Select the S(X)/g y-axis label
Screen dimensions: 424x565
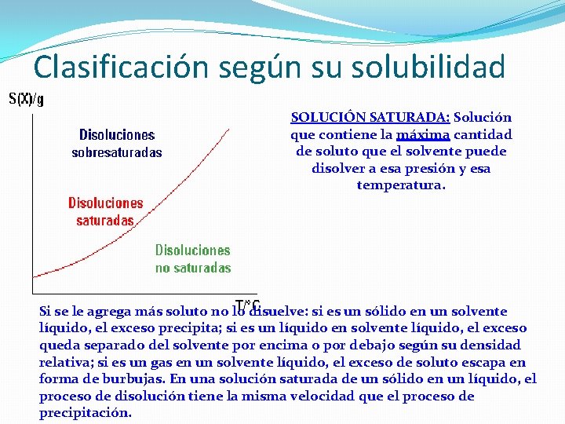pyautogui.click(x=26, y=99)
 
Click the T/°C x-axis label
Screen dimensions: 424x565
pyautogui.click(x=248, y=304)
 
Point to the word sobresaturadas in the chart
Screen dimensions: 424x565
pyautogui.click(x=117, y=152)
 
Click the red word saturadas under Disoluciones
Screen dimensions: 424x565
pyautogui.click(x=104, y=221)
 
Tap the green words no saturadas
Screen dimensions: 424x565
pyautogui.click(x=193, y=268)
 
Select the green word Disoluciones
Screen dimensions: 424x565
pyautogui.click(x=193, y=250)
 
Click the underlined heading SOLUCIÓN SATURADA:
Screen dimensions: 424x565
pyautogui.click(x=370, y=118)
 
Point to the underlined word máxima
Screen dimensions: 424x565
pyautogui.click(x=423, y=134)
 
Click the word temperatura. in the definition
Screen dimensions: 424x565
pyautogui.click(x=401, y=185)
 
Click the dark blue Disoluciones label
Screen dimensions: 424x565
pyautogui.click(x=117, y=135)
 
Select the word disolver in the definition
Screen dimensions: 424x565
pyautogui.click(x=342, y=168)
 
